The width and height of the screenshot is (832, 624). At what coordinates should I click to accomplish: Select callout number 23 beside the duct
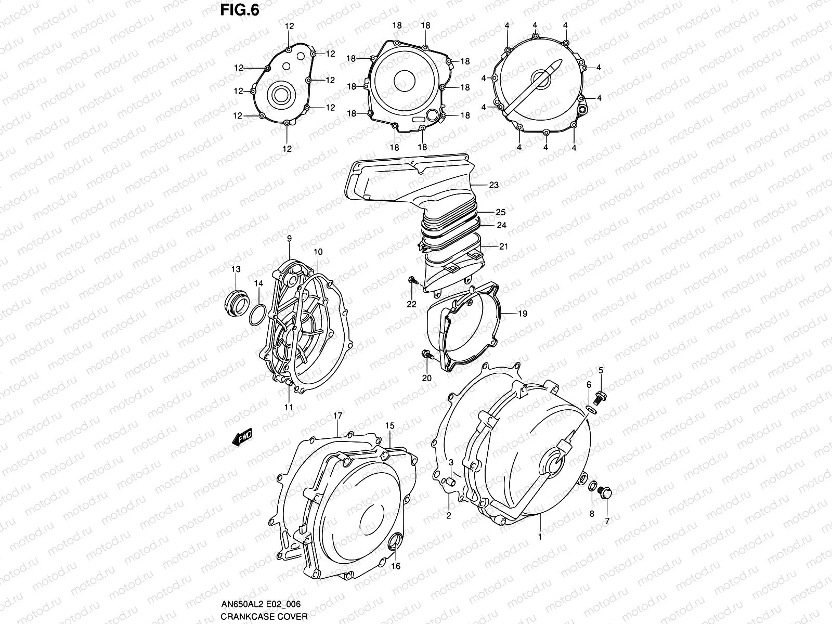click(493, 185)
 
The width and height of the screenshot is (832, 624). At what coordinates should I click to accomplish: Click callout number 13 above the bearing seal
click(236, 269)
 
